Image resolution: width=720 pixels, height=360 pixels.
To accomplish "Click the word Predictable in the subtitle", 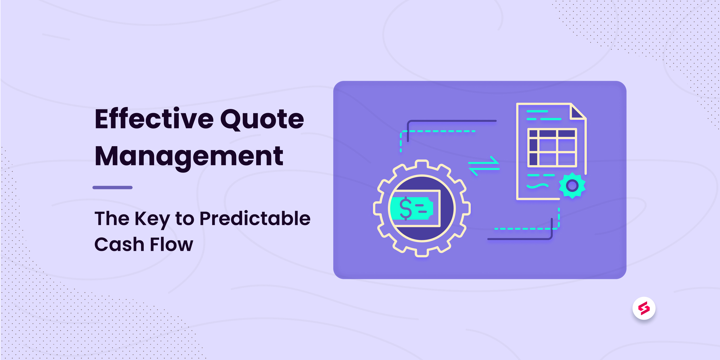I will coord(255,218).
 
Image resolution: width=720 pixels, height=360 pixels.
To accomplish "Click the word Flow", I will coord(171,244).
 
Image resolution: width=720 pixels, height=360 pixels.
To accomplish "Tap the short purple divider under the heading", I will coord(112,187).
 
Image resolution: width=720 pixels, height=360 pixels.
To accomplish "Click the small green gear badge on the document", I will coord(572,185).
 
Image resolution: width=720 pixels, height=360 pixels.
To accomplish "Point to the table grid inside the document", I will coord(552,147).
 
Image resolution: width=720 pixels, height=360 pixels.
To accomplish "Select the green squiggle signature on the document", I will coord(537,186).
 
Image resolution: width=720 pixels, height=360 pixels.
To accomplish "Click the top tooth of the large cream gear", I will coord(422,164).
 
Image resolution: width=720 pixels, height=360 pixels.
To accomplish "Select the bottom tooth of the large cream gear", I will coord(422,253).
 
